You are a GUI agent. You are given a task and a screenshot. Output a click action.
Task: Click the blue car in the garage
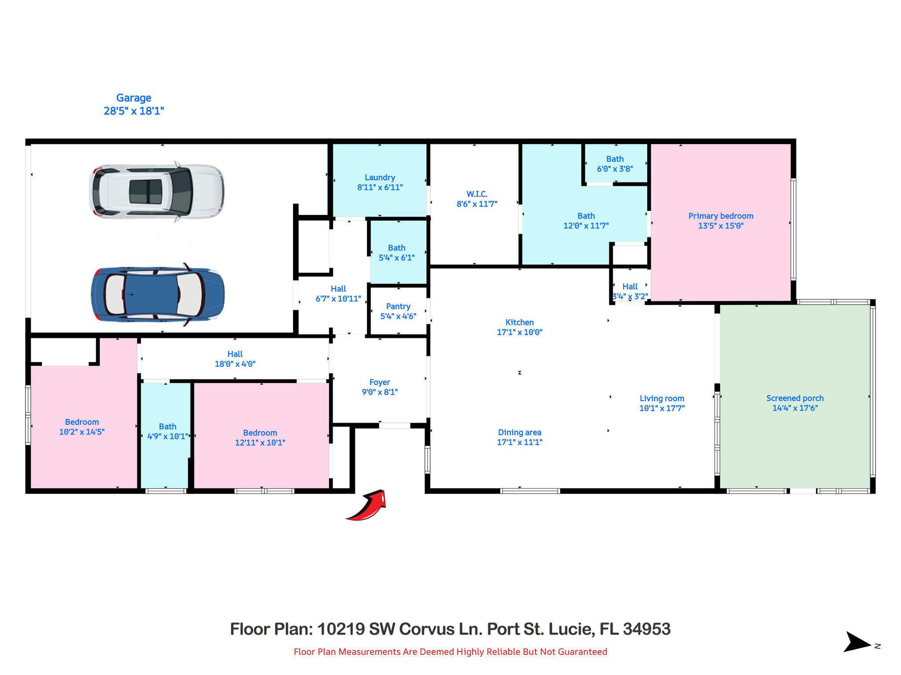[x=157, y=294]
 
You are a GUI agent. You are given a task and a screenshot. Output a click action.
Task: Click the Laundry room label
[x=380, y=178]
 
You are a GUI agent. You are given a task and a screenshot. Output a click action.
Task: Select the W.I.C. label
[x=477, y=194]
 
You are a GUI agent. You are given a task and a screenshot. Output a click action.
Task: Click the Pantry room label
[x=398, y=306]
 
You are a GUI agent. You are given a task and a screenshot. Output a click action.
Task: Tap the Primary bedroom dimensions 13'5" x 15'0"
[x=721, y=226]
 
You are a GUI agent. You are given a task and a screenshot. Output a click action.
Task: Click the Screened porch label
[x=795, y=398]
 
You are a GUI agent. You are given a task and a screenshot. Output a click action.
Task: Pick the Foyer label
[x=380, y=382]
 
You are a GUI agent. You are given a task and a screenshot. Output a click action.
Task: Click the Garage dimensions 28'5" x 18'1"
[x=134, y=111]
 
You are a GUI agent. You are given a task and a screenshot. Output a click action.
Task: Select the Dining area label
[x=519, y=432]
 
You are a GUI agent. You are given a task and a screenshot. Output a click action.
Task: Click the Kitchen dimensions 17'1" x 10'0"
[x=519, y=332]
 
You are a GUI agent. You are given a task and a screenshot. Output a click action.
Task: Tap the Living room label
[x=662, y=399]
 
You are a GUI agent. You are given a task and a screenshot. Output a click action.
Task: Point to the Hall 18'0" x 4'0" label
[x=235, y=354]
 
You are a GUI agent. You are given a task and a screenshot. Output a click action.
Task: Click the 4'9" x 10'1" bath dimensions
[x=167, y=436]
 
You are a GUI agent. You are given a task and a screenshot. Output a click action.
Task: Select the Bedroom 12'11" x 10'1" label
[x=260, y=433]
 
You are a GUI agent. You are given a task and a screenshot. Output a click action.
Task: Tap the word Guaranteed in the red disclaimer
[x=582, y=652]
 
